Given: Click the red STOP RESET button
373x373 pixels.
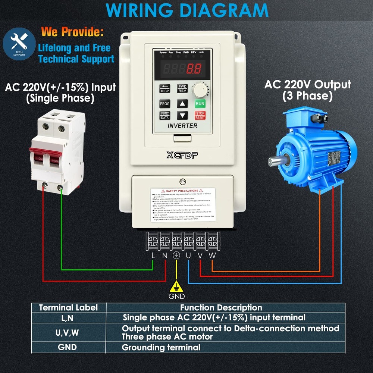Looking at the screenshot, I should pyautogui.click(x=200, y=115).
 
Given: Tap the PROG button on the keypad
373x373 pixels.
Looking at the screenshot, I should pyautogui.click(x=165, y=104).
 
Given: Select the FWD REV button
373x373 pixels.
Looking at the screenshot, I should pyautogui.click(x=182, y=88).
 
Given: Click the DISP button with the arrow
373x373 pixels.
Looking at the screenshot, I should pyautogui.click(x=165, y=88).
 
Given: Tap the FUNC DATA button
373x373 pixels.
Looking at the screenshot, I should pyautogui.click(x=165, y=115).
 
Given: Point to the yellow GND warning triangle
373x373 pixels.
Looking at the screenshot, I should pyautogui.click(x=176, y=286).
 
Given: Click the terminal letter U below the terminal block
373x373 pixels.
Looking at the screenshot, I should pyautogui.click(x=188, y=256).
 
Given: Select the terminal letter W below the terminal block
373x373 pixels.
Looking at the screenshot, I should pyautogui.click(x=212, y=256).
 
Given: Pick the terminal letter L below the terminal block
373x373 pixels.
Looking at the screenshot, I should pyautogui.click(x=153, y=256).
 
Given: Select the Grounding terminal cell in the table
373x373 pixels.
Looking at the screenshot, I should pyautogui.click(x=161, y=348).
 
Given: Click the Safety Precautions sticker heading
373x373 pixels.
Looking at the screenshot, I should pyautogui.click(x=182, y=191).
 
